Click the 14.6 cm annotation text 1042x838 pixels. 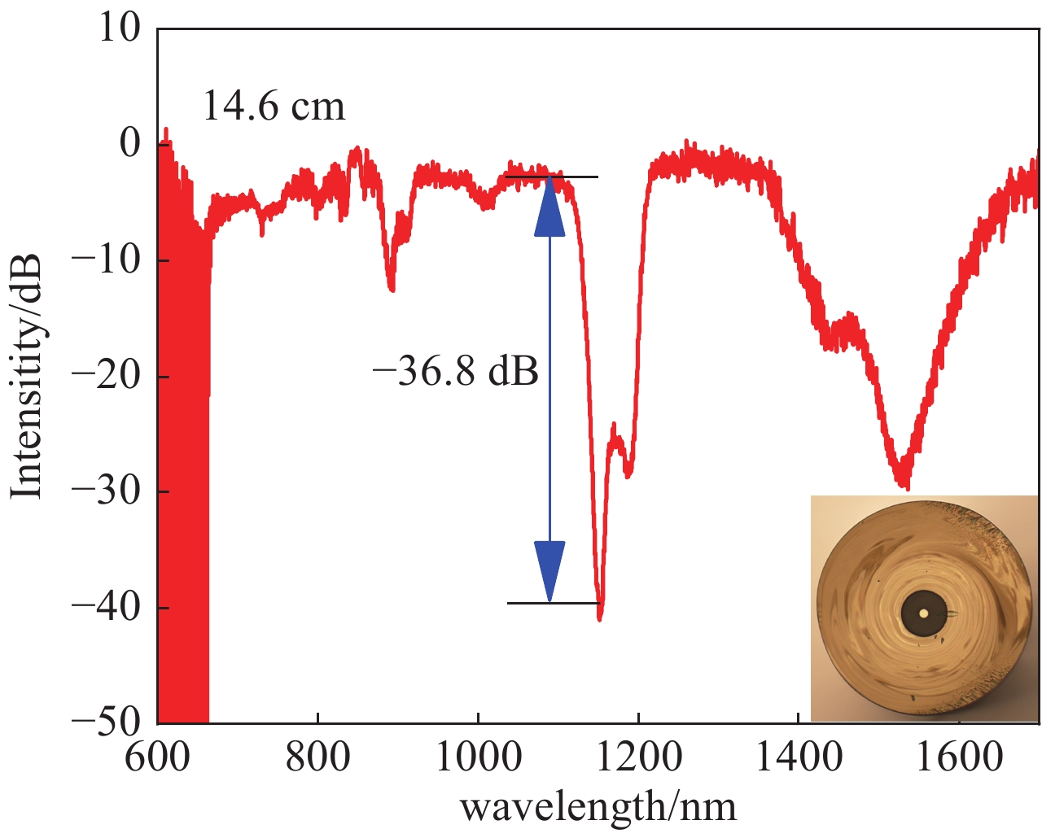[x=274, y=107]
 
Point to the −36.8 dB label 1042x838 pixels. [x=456, y=372]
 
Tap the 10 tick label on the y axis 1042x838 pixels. [x=119, y=28]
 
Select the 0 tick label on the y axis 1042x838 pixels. [x=130, y=144]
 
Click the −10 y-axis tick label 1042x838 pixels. [x=107, y=260]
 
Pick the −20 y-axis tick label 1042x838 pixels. [x=107, y=376]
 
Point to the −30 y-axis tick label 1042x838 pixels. [x=107, y=491]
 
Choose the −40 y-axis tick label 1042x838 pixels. [x=107, y=607]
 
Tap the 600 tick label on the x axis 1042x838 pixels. [x=158, y=757]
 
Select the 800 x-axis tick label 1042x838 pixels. [x=317, y=757]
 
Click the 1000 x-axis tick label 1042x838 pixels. [x=478, y=757]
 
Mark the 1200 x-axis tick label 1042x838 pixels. [x=638, y=757]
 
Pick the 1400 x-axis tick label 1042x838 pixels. [x=799, y=757]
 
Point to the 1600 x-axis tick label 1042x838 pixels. [x=959, y=757]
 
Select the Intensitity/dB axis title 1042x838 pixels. [x=26, y=376]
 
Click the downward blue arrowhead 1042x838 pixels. [x=549, y=570]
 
